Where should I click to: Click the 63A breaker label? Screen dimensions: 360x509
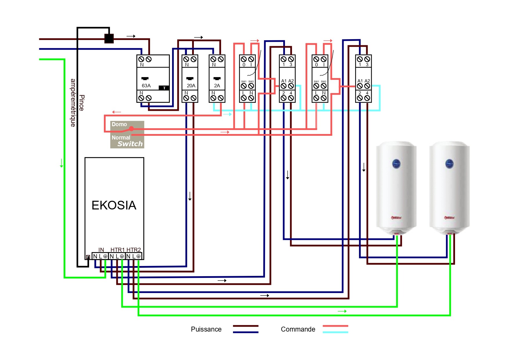tap(146, 86)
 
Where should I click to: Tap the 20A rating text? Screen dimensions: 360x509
tap(191, 86)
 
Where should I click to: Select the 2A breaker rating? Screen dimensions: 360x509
tap(217, 86)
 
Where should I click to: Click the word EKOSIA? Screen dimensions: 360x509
tap(114, 205)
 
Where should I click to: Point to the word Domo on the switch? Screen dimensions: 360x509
tap(119, 124)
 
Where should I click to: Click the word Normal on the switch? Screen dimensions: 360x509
tap(121, 138)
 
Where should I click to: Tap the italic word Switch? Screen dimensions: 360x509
tap(130, 144)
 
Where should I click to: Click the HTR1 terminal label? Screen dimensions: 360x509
tap(117, 250)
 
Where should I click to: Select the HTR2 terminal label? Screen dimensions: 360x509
tap(133, 250)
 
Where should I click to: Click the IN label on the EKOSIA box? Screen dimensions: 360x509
tap(101, 250)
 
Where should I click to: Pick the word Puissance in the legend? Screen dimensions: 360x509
tap(206, 329)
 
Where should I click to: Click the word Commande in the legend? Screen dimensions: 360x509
tap(298, 329)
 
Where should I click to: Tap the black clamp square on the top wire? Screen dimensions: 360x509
tap(109, 39)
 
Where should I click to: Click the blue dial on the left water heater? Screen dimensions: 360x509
tap(396, 164)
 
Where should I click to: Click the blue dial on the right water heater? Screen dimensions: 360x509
tap(449, 164)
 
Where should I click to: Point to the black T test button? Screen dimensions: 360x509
tap(164, 88)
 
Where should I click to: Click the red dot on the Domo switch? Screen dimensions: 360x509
tap(131, 129)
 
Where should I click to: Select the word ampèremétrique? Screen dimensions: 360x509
tap(73, 103)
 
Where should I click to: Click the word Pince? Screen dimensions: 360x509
tap(82, 103)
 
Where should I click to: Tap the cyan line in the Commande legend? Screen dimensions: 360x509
tap(335, 332)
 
